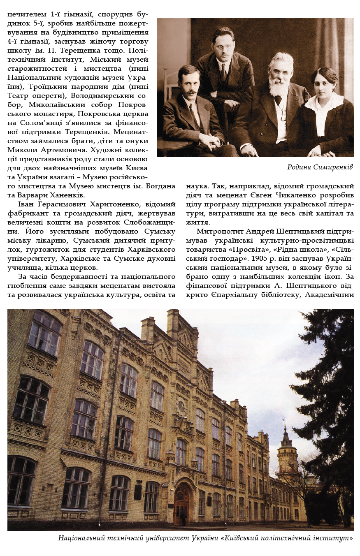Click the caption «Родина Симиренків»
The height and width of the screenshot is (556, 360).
click(320, 167)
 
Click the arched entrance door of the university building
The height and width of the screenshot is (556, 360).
click(181, 504)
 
